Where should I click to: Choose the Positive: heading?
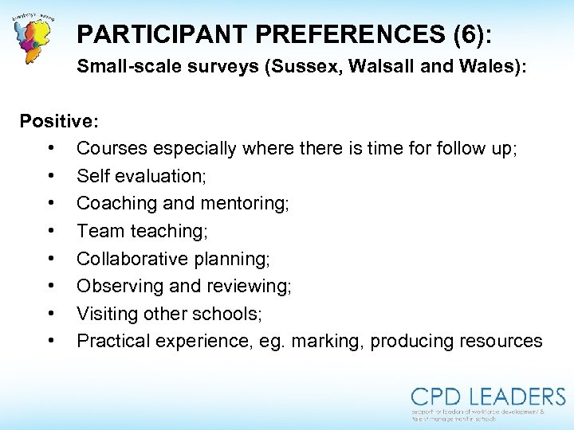[59, 121]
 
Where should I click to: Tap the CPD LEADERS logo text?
[488, 397]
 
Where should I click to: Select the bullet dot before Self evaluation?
[50, 176]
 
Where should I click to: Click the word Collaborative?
[131, 259]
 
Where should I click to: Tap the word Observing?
[117, 287]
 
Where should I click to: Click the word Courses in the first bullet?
[110, 149]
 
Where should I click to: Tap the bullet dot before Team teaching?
[50, 231]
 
